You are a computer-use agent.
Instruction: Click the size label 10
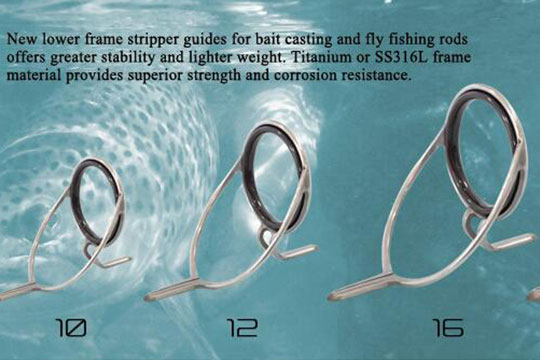71,327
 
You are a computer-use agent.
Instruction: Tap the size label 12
242,328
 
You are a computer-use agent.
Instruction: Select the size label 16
448,328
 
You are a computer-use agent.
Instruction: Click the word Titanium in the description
322,57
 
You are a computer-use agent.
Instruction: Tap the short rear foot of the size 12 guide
297,252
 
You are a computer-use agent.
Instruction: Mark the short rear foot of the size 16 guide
513,242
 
